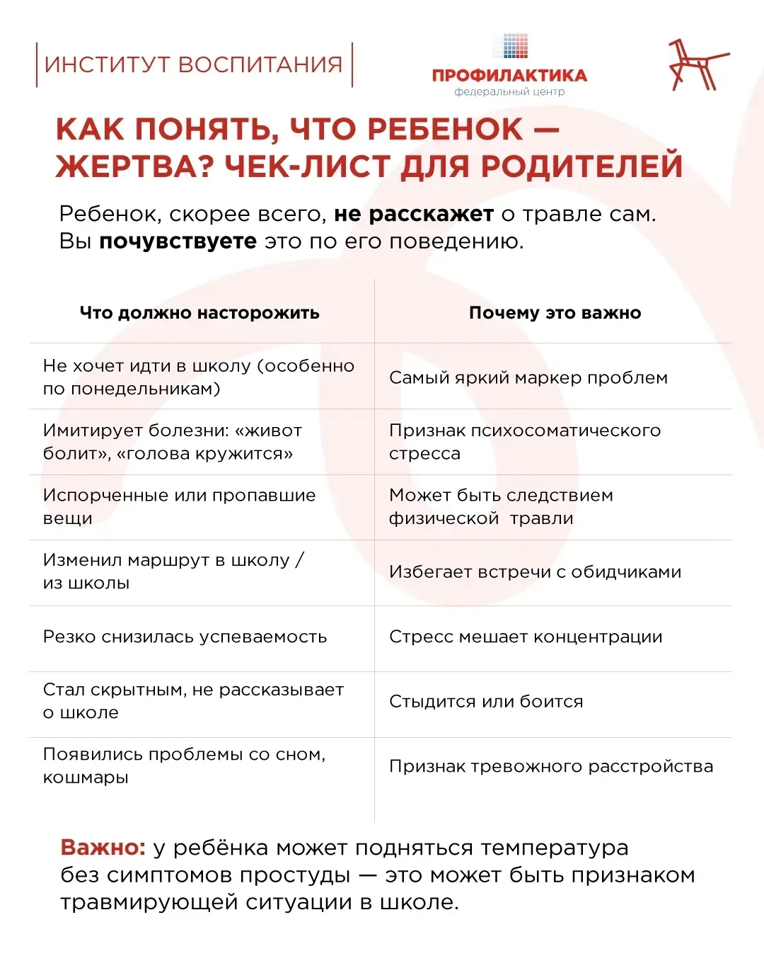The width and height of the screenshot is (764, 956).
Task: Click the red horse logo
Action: point(697,65)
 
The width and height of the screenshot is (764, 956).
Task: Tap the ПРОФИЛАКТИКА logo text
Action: point(509,76)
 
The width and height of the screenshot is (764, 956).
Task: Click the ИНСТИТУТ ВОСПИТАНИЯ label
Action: point(193,64)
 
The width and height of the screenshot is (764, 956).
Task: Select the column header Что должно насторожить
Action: point(199,313)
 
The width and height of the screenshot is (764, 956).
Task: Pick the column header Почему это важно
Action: point(555,313)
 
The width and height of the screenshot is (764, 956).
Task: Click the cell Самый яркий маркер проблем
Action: point(528,377)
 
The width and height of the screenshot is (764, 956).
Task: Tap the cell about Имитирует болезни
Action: point(173,442)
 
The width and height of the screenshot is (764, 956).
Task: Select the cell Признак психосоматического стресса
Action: point(524,442)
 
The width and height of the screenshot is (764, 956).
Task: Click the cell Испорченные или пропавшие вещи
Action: point(179,506)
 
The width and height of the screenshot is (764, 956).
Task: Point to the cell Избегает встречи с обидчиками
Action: point(535,571)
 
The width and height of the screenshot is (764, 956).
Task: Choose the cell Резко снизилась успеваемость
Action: point(185,637)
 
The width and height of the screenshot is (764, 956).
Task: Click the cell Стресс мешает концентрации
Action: point(526,637)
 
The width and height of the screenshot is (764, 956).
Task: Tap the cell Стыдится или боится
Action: point(486,701)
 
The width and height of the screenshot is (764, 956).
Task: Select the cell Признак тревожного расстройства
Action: point(550,766)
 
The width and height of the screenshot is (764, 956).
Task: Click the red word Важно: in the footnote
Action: point(103,848)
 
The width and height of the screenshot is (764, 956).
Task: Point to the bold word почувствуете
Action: point(178,241)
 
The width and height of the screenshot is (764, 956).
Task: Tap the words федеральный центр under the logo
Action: point(509,92)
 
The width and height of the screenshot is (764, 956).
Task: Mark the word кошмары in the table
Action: point(86,778)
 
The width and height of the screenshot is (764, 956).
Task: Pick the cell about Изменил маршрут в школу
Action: point(173,571)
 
